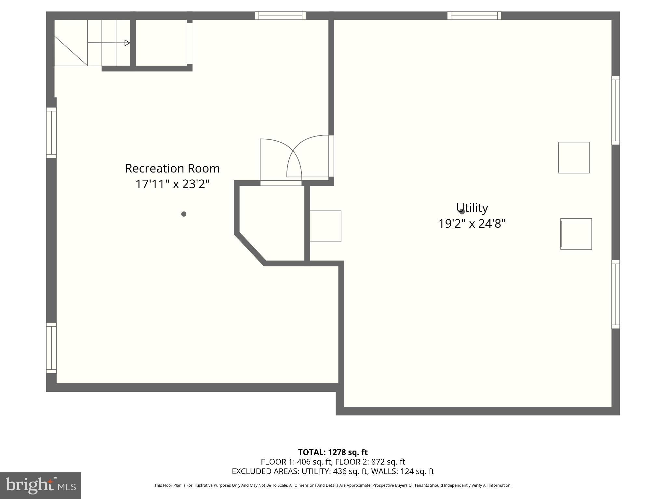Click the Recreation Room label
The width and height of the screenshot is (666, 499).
point(172,168)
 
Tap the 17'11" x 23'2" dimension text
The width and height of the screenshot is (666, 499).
point(172,184)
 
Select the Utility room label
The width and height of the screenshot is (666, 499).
point(472,208)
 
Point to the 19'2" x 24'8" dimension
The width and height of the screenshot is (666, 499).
point(472,224)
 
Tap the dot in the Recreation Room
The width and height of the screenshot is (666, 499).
point(184,214)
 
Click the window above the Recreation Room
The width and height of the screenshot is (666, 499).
point(280,16)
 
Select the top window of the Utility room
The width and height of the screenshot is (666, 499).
point(474,16)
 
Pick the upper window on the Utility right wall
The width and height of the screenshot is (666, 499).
point(615,110)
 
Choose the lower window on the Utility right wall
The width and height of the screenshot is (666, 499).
point(615,294)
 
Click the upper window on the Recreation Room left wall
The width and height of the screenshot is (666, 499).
point(51,133)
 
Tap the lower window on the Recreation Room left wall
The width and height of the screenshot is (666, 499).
point(51,348)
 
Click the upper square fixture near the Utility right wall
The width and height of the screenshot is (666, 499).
point(574,158)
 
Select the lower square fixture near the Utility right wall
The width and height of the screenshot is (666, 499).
point(576,234)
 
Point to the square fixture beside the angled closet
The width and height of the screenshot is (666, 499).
point(326,226)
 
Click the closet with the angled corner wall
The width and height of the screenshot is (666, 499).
point(273,221)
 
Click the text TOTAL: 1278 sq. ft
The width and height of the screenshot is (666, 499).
point(333,452)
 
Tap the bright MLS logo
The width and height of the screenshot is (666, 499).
point(40,485)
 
